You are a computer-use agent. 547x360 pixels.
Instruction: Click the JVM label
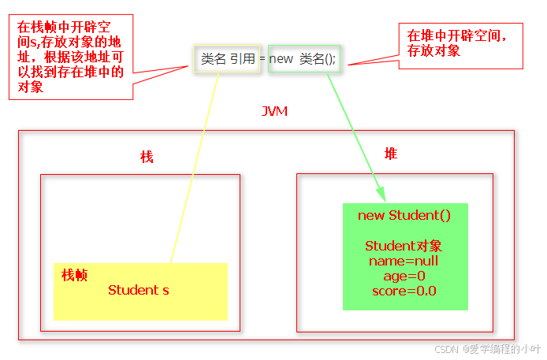point(274,111)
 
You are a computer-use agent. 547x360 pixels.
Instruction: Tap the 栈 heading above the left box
point(147,157)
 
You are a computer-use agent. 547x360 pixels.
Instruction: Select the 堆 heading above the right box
point(391,154)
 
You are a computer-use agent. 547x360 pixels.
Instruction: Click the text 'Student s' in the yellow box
point(139,290)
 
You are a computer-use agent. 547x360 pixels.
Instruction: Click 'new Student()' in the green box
point(404,215)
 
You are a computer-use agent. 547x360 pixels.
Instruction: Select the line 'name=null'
point(404,261)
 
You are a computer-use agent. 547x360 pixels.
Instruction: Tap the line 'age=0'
point(404,276)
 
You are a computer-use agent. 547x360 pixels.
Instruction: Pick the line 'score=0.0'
point(404,291)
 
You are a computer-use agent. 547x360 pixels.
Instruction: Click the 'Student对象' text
point(404,246)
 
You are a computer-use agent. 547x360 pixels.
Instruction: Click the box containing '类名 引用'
point(228,58)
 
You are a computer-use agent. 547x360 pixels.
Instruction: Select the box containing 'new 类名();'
point(304,58)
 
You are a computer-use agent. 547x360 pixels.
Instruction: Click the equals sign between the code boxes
point(262,58)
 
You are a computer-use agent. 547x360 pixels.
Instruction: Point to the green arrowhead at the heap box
point(381,194)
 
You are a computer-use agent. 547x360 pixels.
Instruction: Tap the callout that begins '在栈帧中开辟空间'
point(70,55)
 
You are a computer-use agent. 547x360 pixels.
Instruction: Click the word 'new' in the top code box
point(281,58)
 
